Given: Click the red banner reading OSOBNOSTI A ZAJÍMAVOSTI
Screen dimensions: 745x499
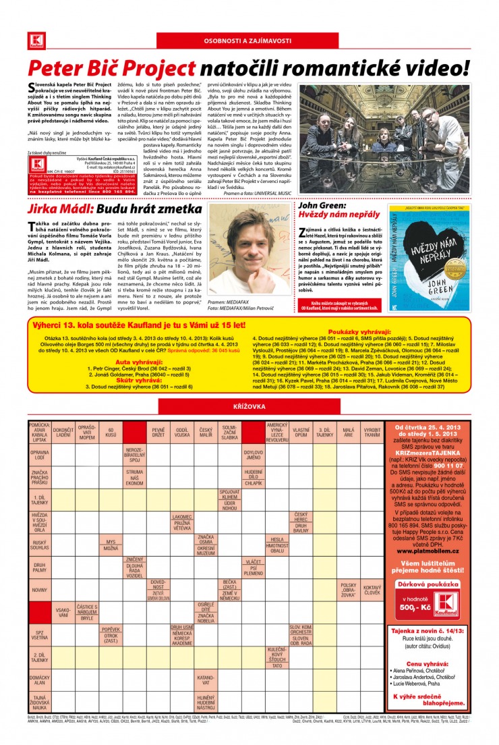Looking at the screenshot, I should coord(249,40).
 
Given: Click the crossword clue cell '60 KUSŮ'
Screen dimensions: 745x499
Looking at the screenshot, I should coord(110,433).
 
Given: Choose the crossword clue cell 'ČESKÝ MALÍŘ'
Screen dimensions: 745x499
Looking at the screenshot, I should coord(206,433).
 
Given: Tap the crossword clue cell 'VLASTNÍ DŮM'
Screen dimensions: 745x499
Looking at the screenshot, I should coord(301,433).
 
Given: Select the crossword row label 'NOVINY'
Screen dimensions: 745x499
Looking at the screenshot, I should coord(39,590).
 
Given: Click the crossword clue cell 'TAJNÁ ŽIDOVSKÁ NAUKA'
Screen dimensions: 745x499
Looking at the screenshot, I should coord(39,702).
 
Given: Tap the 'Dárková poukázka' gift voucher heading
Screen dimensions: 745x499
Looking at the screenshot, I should coord(428,584).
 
